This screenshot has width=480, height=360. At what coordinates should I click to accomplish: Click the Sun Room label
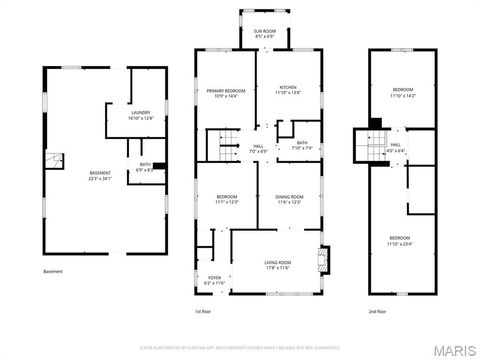coord(265,32)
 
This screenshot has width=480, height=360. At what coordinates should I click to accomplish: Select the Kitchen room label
coord(288,87)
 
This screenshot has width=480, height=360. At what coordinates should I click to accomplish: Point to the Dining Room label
coord(290,197)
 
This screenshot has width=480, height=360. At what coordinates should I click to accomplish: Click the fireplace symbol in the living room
coord(322,261)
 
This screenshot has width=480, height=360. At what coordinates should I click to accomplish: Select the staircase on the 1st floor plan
coord(220,146)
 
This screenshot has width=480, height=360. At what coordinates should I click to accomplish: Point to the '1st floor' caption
coord(203,312)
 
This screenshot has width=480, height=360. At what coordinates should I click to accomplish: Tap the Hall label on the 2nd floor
coord(396,146)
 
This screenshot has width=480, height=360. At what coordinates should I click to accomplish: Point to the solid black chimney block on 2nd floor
coord(375,124)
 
